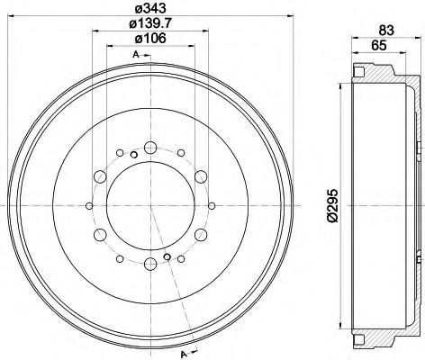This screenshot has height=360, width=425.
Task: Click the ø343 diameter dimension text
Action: click(x=149, y=10)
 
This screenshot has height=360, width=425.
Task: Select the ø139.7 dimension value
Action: click(x=149, y=24)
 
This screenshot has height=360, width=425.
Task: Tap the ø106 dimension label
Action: click(x=149, y=39)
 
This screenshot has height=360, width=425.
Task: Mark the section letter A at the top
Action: click(x=135, y=56)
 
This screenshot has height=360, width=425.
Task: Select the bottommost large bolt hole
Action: click(x=149, y=265)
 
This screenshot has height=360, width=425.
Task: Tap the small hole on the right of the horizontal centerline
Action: click(x=209, y=205)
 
